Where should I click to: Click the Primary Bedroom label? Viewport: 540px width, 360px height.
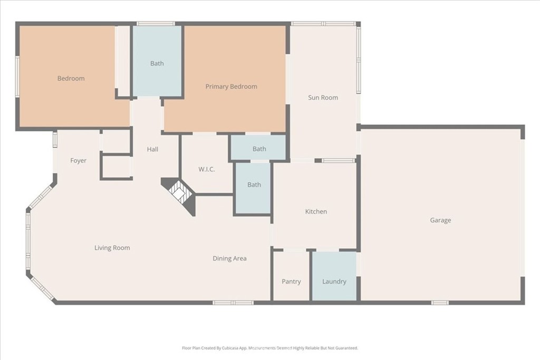(231, 86)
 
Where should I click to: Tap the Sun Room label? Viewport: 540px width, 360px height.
(323, 98)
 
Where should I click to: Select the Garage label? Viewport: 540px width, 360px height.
(440, 220)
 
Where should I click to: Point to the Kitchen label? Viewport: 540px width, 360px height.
(316, 211)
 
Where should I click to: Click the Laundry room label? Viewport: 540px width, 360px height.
(334, 281)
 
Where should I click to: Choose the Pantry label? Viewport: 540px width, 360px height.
(291, 281)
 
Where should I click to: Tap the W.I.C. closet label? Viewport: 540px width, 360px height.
(206, 169)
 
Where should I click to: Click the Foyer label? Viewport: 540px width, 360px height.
(78, 161)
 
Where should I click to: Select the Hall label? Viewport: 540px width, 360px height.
(152, 149)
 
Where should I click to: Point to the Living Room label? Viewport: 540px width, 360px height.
(112, 248)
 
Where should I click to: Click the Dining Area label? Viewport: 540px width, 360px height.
(229, 258)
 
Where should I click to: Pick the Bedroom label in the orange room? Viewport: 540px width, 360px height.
(71, 79)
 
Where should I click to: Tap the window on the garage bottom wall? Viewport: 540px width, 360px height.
(440, 303)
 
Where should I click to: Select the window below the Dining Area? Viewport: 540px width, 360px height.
(233, 303)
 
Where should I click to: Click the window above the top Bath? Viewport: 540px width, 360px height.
(156, 23)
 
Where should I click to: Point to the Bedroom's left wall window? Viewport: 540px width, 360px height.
(17, 76)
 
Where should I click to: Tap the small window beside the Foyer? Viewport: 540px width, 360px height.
(55, 140)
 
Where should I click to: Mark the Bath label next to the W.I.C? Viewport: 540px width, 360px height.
(254, 185)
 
